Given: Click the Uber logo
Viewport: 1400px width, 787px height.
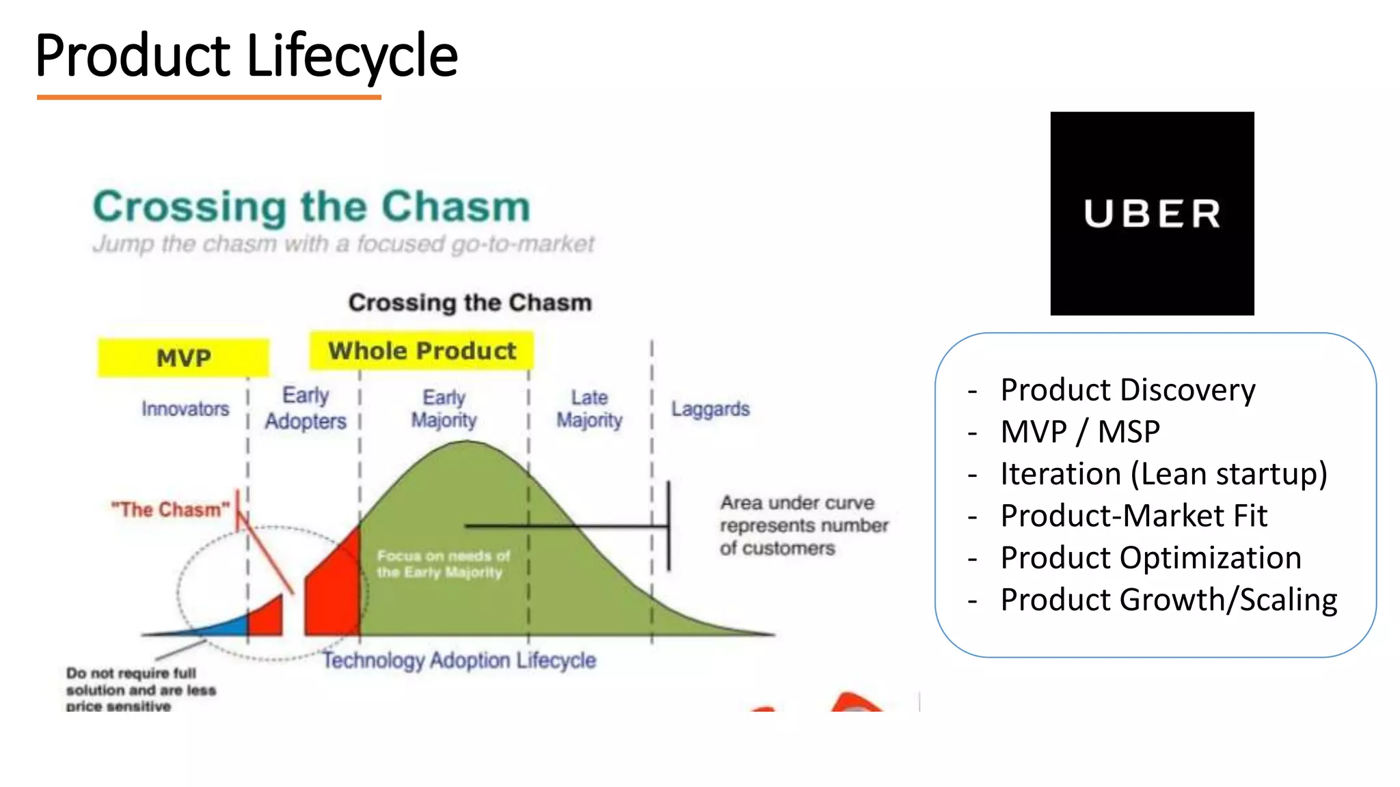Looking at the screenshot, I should point(1152,213).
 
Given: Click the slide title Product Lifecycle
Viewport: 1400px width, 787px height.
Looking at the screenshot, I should point(246,56).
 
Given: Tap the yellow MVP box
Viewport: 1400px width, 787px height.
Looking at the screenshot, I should point(183,357).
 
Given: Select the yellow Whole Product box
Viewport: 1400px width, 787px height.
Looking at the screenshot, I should point(422,351).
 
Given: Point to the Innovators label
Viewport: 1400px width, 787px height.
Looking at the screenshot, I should point(185,409).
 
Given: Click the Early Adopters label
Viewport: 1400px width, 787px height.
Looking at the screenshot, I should point(306,409).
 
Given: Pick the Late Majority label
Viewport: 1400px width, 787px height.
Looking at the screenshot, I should point(589,409).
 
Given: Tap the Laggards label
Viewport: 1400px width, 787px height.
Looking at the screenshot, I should point(710,409).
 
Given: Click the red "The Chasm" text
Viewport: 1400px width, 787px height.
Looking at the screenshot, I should point(171,510).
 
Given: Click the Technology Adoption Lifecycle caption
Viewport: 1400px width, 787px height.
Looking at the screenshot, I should point(459,661).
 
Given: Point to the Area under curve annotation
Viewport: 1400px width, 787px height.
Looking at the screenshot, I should point(803,525).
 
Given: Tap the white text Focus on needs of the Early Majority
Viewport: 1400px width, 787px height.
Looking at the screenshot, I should point(443,564).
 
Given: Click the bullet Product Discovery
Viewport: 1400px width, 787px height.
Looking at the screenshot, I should point(1127,390).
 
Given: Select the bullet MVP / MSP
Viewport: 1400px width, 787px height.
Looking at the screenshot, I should point(1080,432).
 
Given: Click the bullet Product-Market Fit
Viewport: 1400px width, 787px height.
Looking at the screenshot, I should point(1133,516).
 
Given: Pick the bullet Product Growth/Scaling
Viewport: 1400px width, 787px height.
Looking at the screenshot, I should point(1168,600).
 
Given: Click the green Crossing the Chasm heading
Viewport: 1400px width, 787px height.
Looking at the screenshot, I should point(312,206).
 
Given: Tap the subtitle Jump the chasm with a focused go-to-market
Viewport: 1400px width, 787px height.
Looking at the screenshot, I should point(344,244).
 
